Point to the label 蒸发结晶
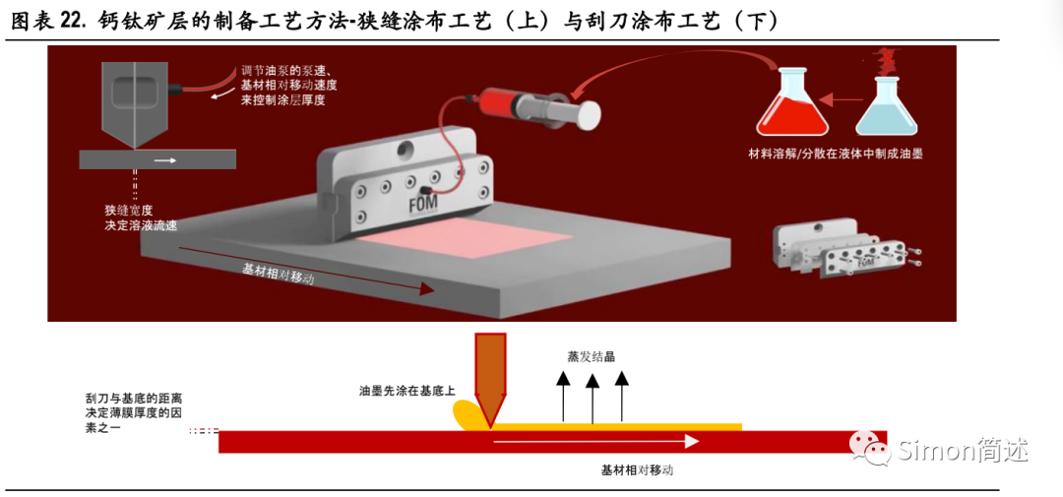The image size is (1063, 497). [x=591, y=356]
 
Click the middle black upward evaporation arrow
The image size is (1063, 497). [x=592, y=398]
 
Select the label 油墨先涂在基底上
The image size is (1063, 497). [x=406, y=391]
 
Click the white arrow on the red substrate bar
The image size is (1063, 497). [x=595, y=441]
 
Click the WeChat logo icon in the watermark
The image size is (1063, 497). [x=872, y=451]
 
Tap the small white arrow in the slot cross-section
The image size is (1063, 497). [x=165, y=158]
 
